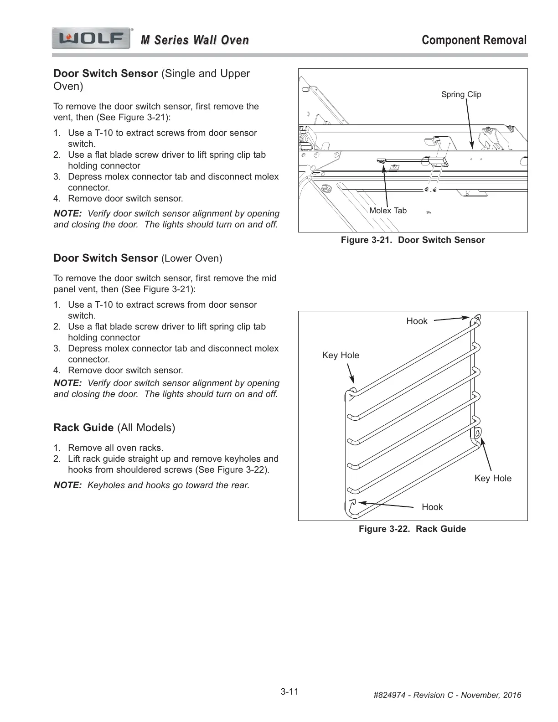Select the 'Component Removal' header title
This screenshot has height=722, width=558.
(474, 40)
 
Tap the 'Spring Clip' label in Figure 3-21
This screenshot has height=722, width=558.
(461, 94)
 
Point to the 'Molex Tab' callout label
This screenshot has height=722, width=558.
(387, 211)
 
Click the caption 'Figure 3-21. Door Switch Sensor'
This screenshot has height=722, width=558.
(413, 240)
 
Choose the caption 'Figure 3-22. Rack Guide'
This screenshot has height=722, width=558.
(412, 529)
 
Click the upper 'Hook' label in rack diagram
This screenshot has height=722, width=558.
(417, 321)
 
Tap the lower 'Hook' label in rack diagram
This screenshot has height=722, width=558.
(432, 507)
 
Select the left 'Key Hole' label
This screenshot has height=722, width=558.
(341, 355)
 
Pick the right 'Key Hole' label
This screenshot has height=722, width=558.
(493, 478)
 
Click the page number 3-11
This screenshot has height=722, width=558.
(289, 691)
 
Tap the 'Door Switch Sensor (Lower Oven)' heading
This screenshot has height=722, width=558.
(138, 258)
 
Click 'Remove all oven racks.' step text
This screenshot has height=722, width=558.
(115, 448)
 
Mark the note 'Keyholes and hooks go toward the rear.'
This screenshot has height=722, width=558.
(168, 485)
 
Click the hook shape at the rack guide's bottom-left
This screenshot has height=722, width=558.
(351, 504)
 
